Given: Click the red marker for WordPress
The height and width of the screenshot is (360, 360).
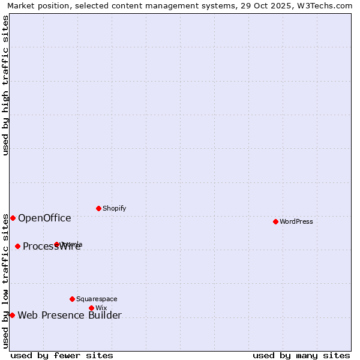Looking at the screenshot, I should point(275,221).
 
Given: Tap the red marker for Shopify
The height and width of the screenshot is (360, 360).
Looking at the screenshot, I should point(98,208).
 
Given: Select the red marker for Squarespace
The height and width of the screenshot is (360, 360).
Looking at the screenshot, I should point(72,299).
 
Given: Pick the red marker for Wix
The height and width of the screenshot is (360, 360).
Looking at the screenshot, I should point(91,308).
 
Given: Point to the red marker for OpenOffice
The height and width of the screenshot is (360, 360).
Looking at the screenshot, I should point(13,218).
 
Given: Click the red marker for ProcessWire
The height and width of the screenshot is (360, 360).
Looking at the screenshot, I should point(17,246).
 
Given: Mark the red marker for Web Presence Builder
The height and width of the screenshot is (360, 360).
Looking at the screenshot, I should point(12,315).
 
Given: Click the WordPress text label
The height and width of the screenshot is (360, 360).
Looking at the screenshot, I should point(296,221).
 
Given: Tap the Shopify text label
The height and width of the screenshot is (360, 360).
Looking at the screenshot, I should point(114,208).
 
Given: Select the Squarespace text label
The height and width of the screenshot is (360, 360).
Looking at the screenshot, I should point(97,299).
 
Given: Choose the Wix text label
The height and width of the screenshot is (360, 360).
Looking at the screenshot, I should point(101,308).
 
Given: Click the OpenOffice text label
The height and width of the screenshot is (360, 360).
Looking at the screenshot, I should point(44,218).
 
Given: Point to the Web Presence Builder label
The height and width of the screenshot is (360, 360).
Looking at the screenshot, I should point(70,315).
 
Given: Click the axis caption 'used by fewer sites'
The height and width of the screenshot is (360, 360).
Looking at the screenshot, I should point(62,355).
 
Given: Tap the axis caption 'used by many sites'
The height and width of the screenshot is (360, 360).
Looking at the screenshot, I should point(301,355).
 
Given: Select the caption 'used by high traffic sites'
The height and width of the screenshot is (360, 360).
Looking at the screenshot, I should point(5,85).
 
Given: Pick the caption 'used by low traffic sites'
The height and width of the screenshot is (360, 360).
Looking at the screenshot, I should point(5,281).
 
